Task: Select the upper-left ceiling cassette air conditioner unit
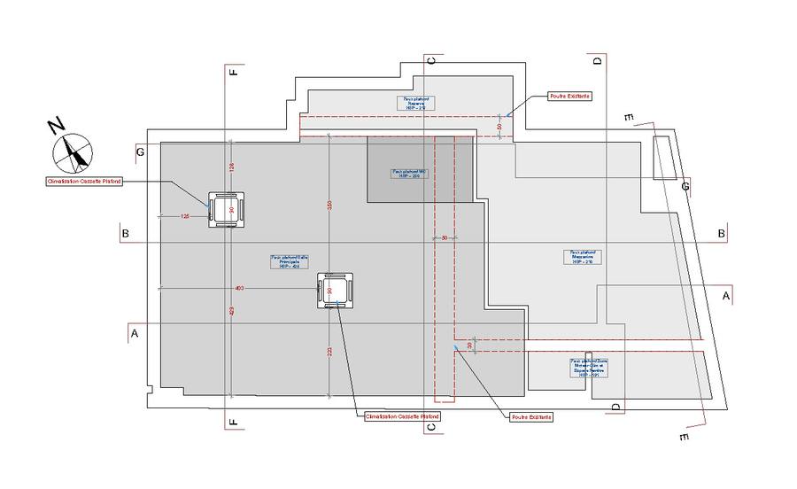pos(226,210)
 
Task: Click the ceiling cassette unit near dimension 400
pos(336,290)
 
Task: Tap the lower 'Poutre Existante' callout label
pos(531,416)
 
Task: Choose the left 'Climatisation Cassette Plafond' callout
pos(84,181)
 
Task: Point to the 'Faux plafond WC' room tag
pos(410,174)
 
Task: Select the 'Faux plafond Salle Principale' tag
pos(284,261)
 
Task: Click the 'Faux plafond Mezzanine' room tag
pos(582,256)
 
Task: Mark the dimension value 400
pos(239,288)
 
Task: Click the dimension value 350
pos(329,205)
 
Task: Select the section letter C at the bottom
pos(431,427)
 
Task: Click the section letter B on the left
pos(126,234)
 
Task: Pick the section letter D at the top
pos(597,60)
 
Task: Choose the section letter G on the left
pos(140,152)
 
